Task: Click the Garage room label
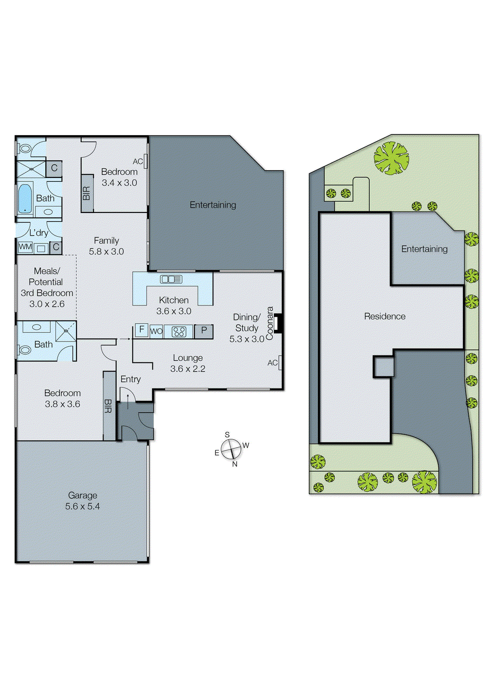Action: [x=83, y=496]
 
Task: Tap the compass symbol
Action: [x=231, y=449]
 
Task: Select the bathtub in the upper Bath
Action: [x=25, y=198]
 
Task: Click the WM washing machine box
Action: [x=25, y=247]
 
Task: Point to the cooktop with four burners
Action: [x=179, y=332]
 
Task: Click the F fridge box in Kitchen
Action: [x=141, y=330]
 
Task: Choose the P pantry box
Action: [x=204, y=331]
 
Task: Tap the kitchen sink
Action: [x=171, y=279]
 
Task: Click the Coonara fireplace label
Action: [x=270, y=323]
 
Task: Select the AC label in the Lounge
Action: [x=273, y=363]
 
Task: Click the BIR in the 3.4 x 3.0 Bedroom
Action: [x=87, y=193]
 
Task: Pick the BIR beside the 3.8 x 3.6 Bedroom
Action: [x=108, y=406]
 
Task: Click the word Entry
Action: [x=131, y=379]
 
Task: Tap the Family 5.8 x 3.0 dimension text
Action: [x=106, y=252]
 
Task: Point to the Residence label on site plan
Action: [x=384, y=316]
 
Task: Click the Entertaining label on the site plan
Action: [x=424, y=249]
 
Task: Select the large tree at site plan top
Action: [x=391, y=158]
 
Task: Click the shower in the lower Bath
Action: [x=66, y=331]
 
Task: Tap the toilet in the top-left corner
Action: [x=25, y=149]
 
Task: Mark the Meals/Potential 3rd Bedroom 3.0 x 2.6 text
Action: [x=47, y=287]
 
